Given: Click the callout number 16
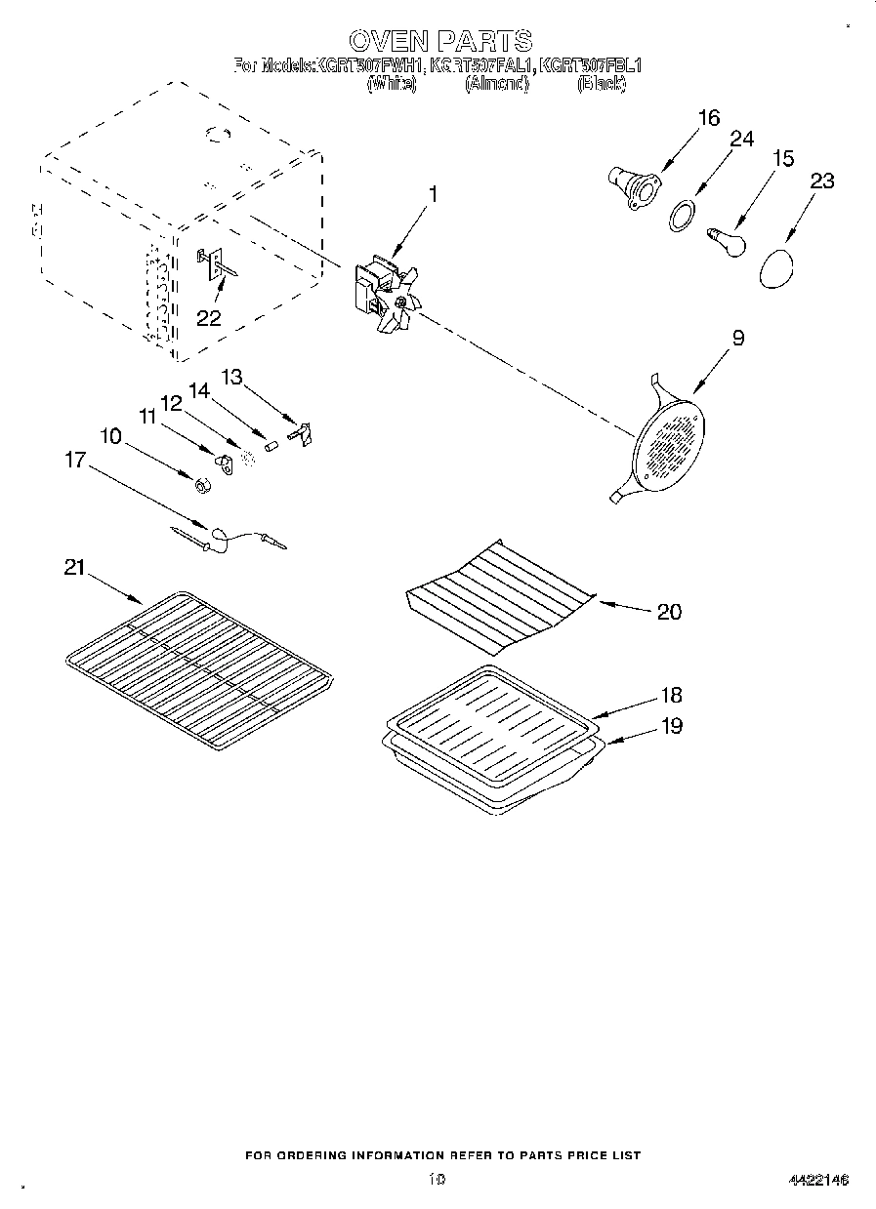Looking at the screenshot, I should pyautogui.click(x=708, y=118).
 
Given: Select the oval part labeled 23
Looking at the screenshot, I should pyautogui.click(x=776, y=266).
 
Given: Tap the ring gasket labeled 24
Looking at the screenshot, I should pyautogui.click(x=685, y=215).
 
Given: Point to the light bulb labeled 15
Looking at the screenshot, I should pyautogui.click(x=726, y=239).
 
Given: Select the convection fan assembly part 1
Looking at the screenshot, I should pyautogui.click(x=386, y=294).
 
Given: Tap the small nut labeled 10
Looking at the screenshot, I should pyautogui.click(x=200, y=486).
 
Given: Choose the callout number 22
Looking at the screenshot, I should pyautogui.click(x=209, y=317).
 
